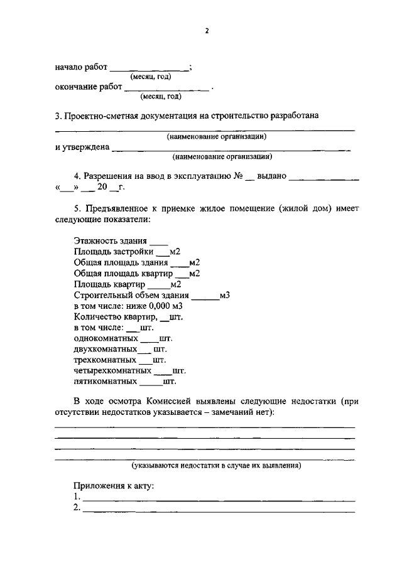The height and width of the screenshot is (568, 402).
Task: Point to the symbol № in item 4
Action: coord(238,177)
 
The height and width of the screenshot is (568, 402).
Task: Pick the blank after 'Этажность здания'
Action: coord(159,240)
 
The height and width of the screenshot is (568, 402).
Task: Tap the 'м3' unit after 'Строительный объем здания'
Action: coord(225,296)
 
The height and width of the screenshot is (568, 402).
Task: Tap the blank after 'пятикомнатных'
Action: coord(150,382)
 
